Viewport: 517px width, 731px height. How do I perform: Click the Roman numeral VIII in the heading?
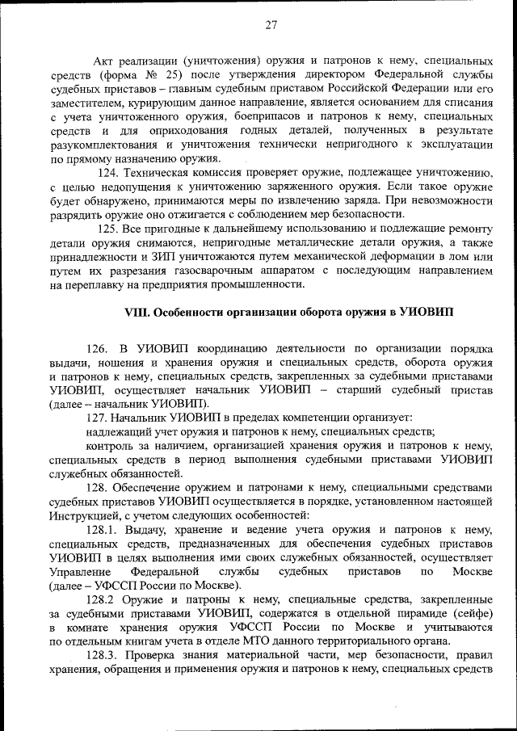click(137, 313)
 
